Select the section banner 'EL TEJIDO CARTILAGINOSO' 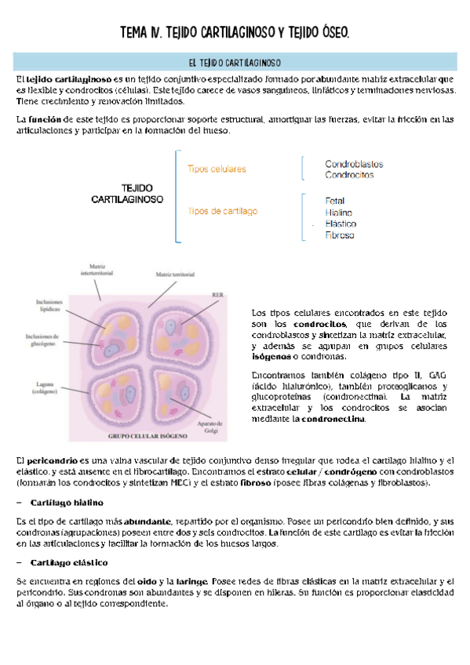click(x=235, y=62)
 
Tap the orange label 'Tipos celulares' click(x=217, y=169)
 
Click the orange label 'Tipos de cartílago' click(x=223, y=211)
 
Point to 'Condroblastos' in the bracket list click(x=354, y=164)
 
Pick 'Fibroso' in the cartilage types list click(x=340, y=234)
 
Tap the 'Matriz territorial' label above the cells click(x=174, y=275)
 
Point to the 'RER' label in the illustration click(x=217, y=295)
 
